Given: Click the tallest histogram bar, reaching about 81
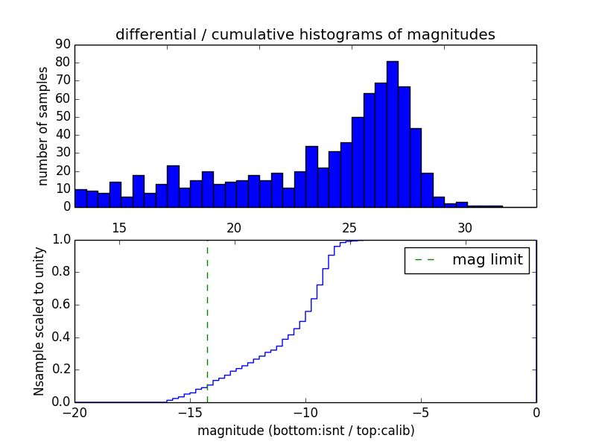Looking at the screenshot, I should pos(392,134).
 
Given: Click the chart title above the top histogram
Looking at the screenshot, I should pos(305,34).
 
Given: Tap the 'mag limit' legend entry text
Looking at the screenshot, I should pos(487,260).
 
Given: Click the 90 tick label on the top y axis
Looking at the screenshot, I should pos(62,45).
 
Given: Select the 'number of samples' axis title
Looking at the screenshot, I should pos(43,126).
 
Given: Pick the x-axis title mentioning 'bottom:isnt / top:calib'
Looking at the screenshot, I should pos(305,431).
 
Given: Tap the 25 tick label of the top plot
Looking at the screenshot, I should pos(349,227).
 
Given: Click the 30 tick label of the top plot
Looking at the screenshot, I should pos(465,227).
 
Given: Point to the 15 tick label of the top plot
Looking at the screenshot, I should pos(118,227).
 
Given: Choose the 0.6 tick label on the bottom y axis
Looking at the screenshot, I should pos(60,305).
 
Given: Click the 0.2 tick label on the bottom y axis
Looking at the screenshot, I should pos(60,370).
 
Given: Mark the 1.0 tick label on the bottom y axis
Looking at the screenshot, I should pos(60,240).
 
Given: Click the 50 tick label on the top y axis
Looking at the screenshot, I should pos(62,117).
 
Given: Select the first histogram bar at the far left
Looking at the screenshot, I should pos(80,198).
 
